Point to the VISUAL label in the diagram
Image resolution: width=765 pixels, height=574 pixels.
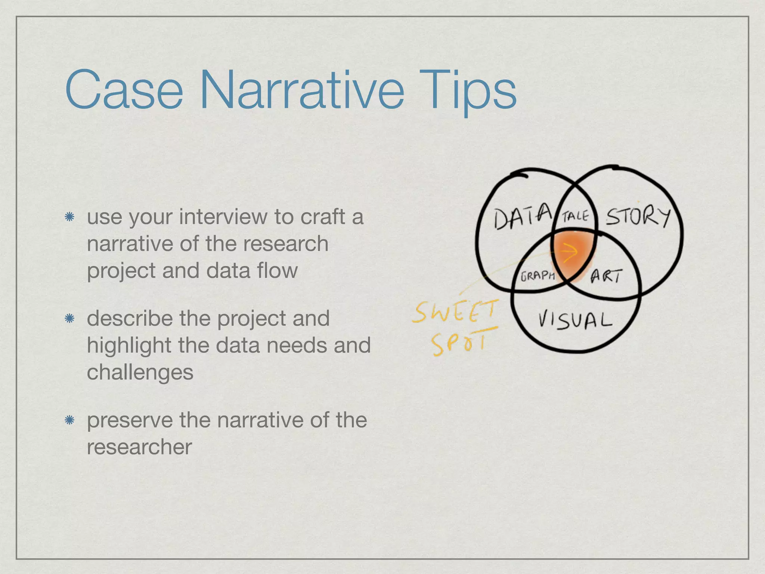point(575,321)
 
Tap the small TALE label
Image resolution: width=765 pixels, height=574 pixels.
point(575,216)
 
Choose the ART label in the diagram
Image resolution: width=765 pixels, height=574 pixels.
point(607,277)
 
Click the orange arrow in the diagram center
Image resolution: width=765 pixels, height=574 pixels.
point(569,252)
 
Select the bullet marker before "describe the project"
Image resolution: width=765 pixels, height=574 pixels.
point(69,319)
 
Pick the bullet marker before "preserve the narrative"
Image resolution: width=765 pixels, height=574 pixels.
point(69,420)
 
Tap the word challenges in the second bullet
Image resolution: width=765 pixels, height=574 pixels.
point(140,372)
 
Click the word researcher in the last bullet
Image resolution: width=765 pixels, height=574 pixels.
point(139,447)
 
